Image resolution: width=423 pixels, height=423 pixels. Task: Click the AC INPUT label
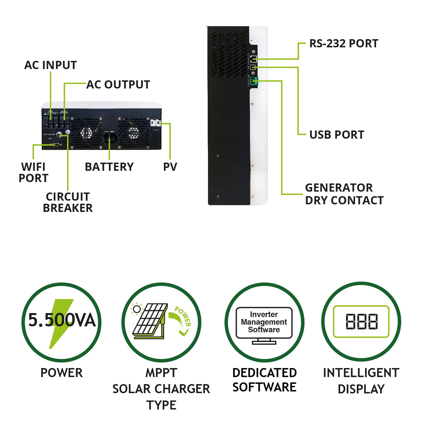[50, 65]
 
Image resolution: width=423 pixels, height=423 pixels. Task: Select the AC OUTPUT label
[118, 85]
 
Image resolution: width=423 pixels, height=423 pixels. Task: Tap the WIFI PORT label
[33, 172]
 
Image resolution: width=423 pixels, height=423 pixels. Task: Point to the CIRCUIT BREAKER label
[68, 202]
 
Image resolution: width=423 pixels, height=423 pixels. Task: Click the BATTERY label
[109, 167]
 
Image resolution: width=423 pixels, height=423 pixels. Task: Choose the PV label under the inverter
[170, 167]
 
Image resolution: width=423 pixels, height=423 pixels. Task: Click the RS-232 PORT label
[344, 44]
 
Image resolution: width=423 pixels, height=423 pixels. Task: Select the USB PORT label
[337, 135]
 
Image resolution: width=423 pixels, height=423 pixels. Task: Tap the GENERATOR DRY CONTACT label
[344, 194]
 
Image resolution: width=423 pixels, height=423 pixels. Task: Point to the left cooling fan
[87, 132]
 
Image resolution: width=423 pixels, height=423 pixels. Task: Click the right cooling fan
[134, 132]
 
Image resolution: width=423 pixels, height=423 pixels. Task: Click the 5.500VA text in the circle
[62, 320]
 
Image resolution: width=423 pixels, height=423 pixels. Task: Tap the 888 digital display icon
[361, 322]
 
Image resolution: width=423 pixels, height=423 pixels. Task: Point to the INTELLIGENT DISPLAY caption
[361, 381]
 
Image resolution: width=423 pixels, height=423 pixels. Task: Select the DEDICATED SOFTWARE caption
[264, 380]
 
